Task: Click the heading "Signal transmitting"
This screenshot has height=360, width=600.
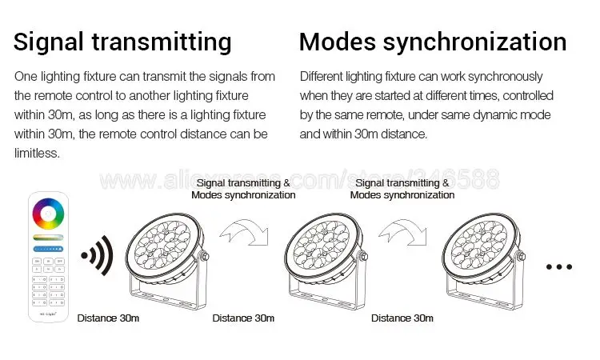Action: (x=122, y=42)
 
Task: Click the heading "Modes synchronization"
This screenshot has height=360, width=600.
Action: (x=433, y=42)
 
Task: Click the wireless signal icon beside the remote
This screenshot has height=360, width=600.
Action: (x=96, y=259)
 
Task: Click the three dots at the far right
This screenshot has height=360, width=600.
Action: (x=560, y=266)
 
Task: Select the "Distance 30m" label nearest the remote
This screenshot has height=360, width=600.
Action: (x=108, y=318)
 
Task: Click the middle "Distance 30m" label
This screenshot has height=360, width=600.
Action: (x=243, y=318)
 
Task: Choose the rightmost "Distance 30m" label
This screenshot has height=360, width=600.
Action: (x=402, y=318)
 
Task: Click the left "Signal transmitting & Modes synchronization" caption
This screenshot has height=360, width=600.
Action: (x=244, y=189)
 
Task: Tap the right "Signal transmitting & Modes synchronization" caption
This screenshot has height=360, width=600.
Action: (x=402, y=189)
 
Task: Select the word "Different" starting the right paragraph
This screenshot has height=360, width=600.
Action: (x=322, y=76)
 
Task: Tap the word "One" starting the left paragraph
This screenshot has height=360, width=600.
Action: (x=25, y=76)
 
